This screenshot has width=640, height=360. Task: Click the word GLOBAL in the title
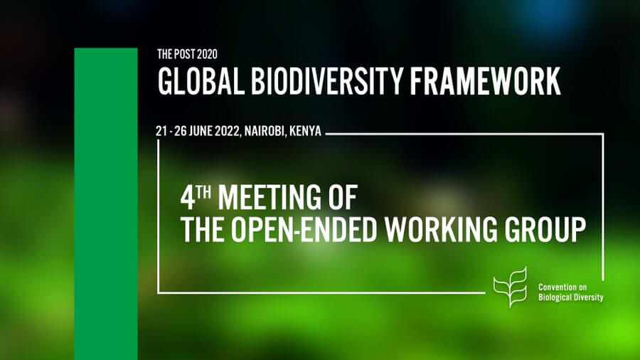coord(201,81)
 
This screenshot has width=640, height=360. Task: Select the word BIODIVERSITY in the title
coord(327,81)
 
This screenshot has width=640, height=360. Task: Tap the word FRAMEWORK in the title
coord(485,81)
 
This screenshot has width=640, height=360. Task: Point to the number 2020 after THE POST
coord(207,54)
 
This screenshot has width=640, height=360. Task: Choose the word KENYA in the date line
coord(305,131)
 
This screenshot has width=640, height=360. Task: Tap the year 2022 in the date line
coord(229,131)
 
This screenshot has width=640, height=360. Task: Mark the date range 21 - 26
coord(171,131)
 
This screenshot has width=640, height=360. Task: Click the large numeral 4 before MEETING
coord(188,198)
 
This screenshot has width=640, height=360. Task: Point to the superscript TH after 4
coord(203,191)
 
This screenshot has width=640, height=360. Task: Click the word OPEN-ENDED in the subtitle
coord(304,229)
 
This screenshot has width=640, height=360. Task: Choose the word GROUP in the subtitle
coord(545,229)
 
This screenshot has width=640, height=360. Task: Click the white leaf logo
coord(510,287)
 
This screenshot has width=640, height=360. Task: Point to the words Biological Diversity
coord(570,297)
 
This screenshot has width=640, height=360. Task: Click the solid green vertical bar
coord(106,204)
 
